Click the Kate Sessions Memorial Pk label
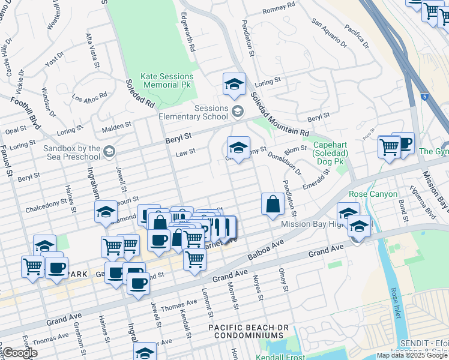click(x=167, y=81)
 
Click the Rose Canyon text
click(x=373, y=194)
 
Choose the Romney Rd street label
click(x=279, y=8)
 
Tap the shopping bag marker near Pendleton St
click(x=273, y=204)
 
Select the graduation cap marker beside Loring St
click(x=234, y=85)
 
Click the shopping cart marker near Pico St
click(x=389, y=146)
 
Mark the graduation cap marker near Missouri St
click(x=106, y=212)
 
